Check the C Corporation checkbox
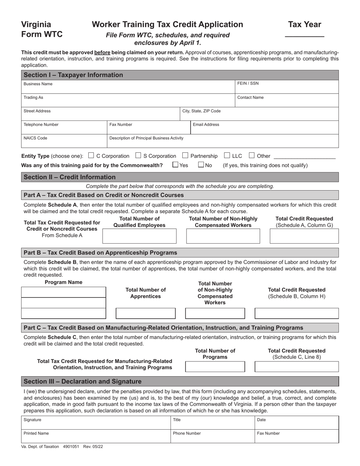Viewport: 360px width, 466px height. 91,155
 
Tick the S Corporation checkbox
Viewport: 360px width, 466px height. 138,155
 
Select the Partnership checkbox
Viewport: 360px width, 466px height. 185,155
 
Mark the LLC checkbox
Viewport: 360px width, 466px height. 227,155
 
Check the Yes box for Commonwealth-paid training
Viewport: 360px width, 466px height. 175,165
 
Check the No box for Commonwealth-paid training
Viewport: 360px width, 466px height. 201,165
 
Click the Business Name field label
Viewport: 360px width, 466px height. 38,84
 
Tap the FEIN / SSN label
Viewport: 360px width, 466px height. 248,84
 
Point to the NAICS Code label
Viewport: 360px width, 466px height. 35,138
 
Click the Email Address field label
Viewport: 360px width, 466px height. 206,125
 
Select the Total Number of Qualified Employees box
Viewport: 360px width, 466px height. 139,236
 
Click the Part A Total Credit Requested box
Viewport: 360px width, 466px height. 304,236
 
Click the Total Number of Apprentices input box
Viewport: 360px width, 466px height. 146,313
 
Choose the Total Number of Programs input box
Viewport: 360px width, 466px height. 215,367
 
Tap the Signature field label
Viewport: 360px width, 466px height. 32,420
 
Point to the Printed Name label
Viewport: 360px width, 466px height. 36,433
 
